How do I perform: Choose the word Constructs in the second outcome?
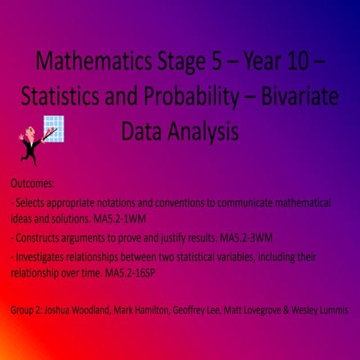coord(40,238)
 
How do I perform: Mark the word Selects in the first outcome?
coord(32,203)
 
